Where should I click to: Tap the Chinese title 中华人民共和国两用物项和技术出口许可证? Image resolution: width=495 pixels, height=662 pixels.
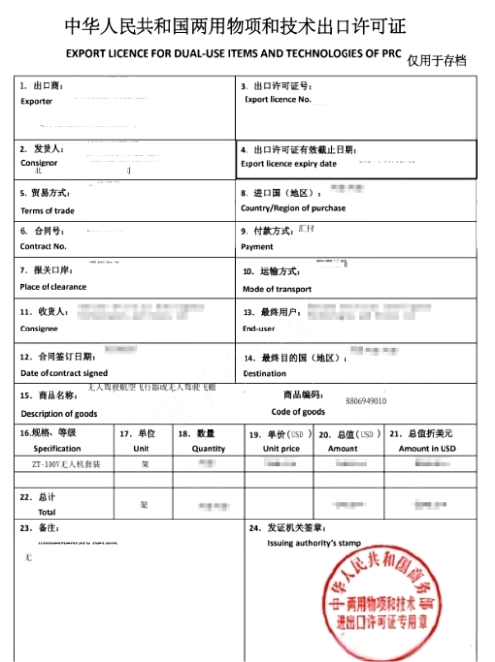[235, 25]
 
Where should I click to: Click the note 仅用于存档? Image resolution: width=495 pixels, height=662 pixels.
[437, 61]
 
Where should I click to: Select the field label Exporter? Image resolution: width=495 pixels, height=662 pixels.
[37, 101]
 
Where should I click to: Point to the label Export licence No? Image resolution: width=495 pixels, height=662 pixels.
[277, 99]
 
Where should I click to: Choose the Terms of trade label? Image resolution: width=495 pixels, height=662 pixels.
[48, 210]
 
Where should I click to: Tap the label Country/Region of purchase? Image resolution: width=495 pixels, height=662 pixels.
[293, 208]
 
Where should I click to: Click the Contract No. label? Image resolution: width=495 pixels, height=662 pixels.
[44, 246]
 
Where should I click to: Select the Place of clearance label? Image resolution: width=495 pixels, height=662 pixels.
[53, 287]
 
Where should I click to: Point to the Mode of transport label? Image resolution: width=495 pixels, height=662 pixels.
[277, 289]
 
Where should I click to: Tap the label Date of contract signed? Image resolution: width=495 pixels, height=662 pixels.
[64, 373]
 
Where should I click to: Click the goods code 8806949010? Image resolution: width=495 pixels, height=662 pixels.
[367, 401]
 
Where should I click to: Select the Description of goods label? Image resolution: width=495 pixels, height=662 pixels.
[59, 413]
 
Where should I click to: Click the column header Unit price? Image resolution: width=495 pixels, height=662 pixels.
[280, 448]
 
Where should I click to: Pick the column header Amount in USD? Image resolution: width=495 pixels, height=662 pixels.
[428, 448]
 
